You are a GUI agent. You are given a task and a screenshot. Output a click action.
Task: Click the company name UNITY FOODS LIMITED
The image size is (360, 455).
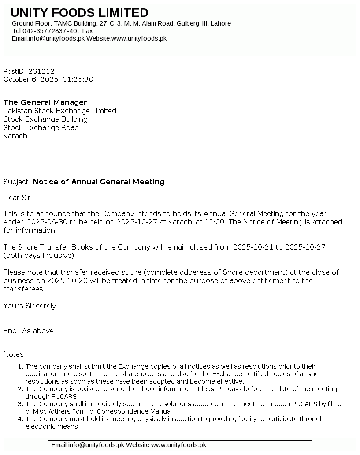(79, 13)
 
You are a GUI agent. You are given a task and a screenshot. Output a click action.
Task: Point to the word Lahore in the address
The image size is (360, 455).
(220, 23)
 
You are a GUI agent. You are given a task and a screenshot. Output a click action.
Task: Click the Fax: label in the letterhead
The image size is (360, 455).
(88, 31)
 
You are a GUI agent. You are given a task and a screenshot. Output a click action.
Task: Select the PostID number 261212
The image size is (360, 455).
(41, 71)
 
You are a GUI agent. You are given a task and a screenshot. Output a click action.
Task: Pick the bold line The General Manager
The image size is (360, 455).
(45, 102)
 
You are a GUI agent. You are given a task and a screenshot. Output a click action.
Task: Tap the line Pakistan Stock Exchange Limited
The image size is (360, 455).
(60, 111)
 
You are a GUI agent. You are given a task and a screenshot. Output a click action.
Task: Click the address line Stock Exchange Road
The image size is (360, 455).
(41, 127)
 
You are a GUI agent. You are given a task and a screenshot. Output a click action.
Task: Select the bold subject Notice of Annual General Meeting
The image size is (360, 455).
(99, 182)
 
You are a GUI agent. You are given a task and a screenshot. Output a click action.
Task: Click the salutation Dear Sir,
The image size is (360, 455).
(18, 198)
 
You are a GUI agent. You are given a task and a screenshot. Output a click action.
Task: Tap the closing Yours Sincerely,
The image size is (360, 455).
(31, 306)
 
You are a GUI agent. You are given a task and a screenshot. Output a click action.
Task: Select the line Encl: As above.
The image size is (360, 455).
(30, 331)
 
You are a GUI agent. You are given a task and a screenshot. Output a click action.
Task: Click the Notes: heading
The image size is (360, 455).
(15, 354)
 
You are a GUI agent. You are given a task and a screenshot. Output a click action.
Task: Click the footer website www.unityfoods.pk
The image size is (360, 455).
(178, 445)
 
